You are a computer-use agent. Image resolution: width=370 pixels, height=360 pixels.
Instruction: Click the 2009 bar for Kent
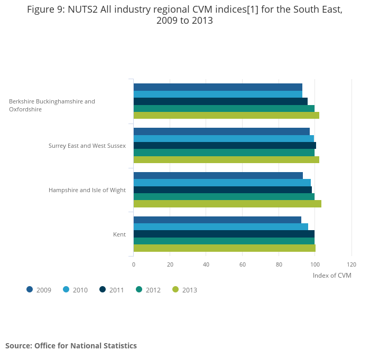point(217,220)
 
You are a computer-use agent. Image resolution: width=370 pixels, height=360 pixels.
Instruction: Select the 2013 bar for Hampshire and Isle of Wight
point(227,204)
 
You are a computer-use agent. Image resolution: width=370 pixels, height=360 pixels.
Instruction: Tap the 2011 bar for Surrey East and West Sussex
point(225,145)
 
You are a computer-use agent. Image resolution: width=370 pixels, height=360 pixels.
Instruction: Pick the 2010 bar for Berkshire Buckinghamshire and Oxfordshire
point(218,94)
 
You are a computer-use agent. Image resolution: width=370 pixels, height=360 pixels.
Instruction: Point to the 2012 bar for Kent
point(224,241)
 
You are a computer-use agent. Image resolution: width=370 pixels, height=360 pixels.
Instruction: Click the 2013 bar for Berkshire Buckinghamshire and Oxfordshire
point(226,115)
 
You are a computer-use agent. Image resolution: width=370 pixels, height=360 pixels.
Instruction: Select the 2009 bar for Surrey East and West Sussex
point(221,131)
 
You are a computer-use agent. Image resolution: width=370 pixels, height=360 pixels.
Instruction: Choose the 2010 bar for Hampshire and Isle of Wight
point(222,183)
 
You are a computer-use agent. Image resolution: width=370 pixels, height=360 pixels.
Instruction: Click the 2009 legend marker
point(30,289)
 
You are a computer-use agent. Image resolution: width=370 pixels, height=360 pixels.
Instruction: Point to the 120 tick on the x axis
point(351,264)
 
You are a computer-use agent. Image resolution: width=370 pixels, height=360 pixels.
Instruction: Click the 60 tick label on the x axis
point(243,264)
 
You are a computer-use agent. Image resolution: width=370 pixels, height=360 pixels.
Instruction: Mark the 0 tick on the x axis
point(134,264)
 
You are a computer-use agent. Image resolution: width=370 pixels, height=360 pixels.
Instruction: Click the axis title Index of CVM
point(332,276)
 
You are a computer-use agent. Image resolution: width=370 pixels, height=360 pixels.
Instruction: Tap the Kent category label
point(119,234)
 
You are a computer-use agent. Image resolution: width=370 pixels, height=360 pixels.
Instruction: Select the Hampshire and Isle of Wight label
point(87,190)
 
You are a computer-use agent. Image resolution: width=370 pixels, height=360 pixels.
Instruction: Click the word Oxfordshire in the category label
point(25,109)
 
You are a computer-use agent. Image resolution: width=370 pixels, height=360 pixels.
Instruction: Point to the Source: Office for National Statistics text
point(71,346)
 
